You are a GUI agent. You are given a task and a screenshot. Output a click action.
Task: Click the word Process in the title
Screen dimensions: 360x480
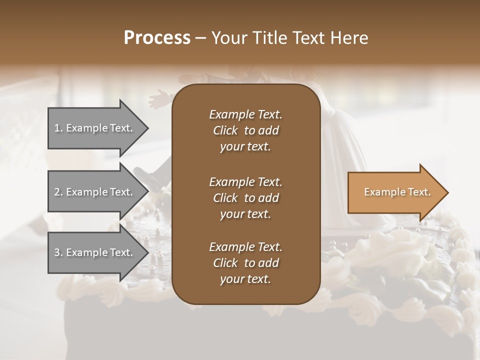click(157, 38)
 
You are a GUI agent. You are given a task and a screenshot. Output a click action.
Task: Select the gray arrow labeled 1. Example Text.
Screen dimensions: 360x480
click(95, 128)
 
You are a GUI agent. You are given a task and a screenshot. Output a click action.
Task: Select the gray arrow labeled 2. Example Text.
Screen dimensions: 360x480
click(95, 192)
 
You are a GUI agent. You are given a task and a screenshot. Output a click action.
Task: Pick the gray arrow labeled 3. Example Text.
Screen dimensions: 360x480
click(95, 252)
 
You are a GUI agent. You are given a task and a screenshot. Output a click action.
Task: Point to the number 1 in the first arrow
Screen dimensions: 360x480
click(57, 128)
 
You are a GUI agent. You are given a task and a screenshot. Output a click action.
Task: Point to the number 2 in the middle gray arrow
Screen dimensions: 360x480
click(57, 192)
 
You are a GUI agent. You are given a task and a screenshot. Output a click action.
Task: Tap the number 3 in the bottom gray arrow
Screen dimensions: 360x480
click(57, 252)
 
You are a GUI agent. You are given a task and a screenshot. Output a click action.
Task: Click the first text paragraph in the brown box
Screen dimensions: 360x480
click(245, 130)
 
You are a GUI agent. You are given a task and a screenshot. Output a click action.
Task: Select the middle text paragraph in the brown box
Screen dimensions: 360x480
click(245, 197)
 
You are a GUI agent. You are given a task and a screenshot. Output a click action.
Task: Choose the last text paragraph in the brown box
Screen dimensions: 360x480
click(245, 263)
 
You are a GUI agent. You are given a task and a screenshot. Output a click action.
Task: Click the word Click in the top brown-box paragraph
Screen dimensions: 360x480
click(225, 130)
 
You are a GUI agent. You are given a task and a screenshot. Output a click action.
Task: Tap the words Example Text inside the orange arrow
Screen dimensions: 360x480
click(397, 192)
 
